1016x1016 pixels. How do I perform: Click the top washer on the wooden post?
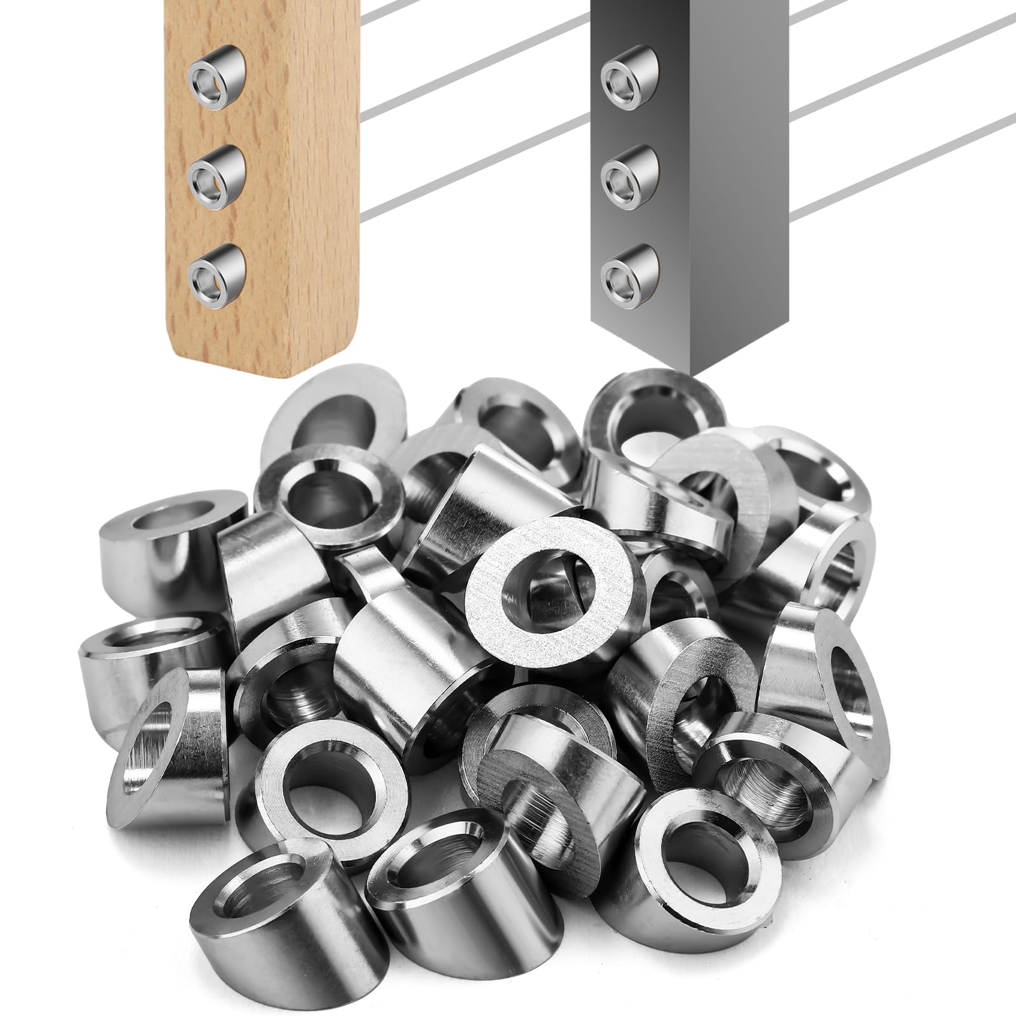[213, 76]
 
